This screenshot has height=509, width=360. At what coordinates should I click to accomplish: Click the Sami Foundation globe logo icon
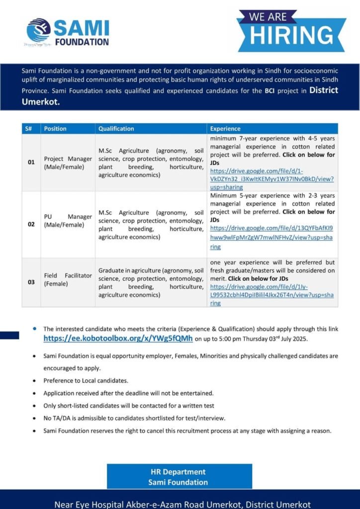pos(39,30)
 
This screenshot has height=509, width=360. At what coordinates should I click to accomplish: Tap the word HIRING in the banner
pos(291,35)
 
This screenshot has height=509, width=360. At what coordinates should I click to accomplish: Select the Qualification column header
pos(116,128)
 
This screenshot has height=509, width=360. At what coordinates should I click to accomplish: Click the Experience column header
pos(225,128)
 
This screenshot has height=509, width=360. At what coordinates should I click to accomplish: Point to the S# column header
pos(29,128)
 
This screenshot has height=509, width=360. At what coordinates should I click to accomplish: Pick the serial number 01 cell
pos(31,163)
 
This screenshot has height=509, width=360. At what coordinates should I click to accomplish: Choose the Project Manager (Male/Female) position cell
pos(68,163)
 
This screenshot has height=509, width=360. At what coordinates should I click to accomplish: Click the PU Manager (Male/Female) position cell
pos(68,221)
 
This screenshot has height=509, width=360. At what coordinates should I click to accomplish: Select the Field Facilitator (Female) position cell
pos(68,279)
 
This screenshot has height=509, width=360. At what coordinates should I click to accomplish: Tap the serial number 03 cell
pos(31,282)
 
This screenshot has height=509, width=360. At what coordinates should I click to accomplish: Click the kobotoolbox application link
pos(118,338)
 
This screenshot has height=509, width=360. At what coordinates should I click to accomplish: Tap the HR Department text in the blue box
pos(178,472)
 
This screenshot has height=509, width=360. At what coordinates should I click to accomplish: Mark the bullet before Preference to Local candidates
pos(34,381)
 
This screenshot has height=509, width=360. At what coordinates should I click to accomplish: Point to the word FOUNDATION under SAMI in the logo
pos(81,42)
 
